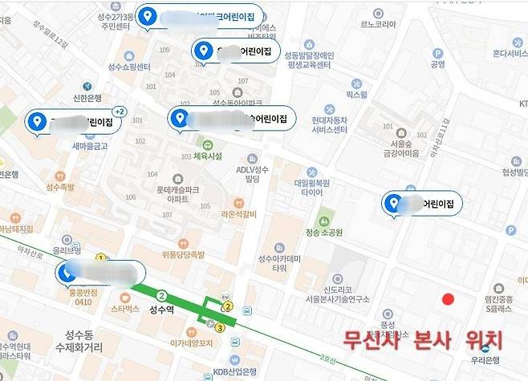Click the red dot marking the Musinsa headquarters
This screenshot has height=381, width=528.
(x=448, y=299)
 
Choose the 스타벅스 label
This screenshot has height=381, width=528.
(x=125, y=307)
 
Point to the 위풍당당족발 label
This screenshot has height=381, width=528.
(x=183, y=254)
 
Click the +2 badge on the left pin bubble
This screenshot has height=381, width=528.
(x=120, y=111)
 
